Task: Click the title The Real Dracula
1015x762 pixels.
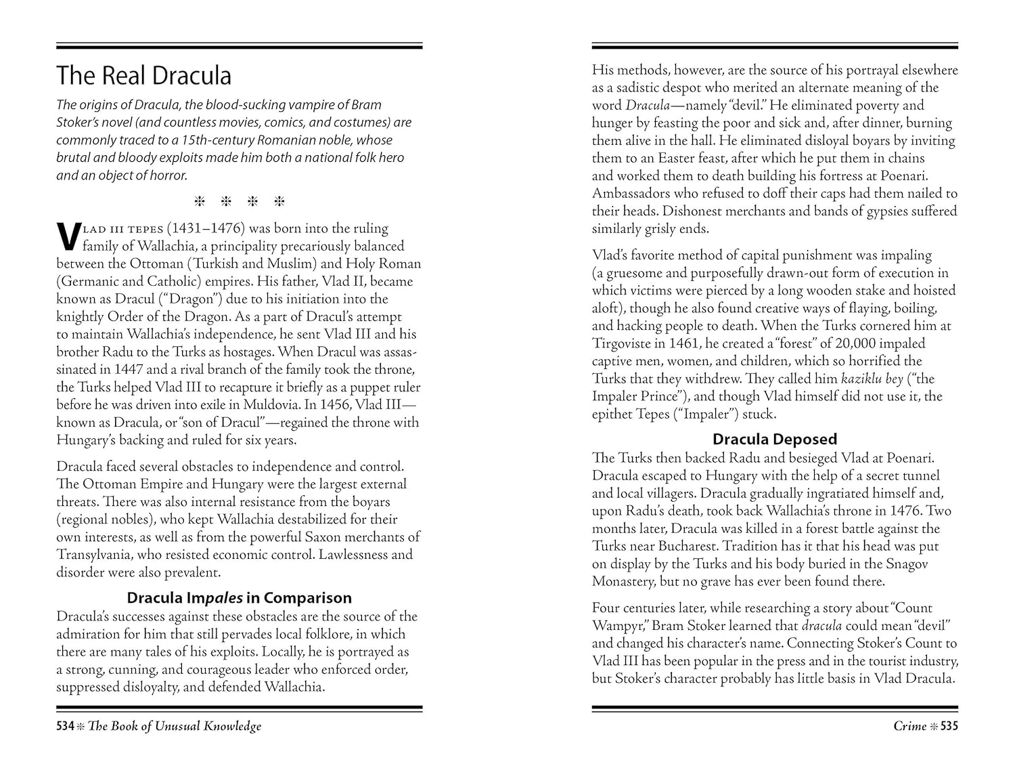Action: click(143, 75)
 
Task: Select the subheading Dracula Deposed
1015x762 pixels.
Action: click(775, 439)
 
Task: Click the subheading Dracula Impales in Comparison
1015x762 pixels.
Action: click(240, 597)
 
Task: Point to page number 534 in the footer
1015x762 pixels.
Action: click(65, 726)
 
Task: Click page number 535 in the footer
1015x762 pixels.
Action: click(949, 726)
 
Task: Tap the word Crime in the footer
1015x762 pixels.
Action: click(909, 726)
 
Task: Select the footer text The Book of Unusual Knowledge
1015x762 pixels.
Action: click(175, 726)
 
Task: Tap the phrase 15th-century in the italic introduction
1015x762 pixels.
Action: click(203, 140)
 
